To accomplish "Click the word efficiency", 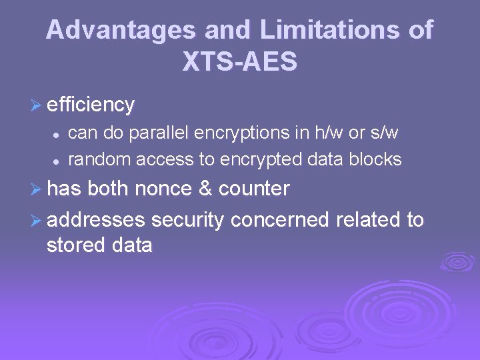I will click(x=91, y=105).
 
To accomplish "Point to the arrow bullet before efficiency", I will click(x=37, y=105).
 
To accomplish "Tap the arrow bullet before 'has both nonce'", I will click(x=37, y=189).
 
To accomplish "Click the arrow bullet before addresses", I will click(x=37, y=219).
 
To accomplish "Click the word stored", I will click(x=73, y=245).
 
